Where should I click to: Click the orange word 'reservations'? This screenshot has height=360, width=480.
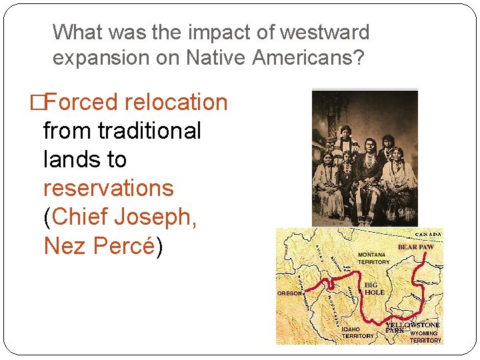[108, 188]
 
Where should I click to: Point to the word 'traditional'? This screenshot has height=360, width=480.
[149, 131]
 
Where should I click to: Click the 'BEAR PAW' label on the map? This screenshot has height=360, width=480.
[415, 247]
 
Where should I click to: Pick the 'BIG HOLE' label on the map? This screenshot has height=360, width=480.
[375, 289]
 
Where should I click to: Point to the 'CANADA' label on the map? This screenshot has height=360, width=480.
[429, 235]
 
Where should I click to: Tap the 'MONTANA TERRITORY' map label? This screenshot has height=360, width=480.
[373, 259]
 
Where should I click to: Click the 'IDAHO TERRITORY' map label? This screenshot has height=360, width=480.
[357, 333]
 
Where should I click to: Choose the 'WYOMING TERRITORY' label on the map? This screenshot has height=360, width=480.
[425, 337]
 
